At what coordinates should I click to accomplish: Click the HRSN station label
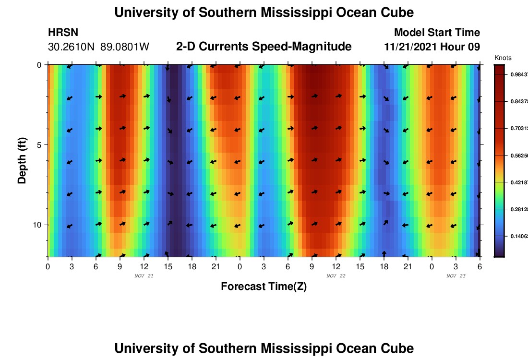(x=63, y=33)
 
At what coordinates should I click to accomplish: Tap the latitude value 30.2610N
(x=72, y=47)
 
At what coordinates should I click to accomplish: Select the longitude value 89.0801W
(x=125, y=47)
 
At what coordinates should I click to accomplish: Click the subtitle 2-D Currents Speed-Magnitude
(x=264, y=47)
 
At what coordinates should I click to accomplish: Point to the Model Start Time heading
(x=437, y=33)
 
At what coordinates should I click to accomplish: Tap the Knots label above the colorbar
(x=503, y=58)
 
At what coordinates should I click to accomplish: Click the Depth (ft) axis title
(x=22, y=161)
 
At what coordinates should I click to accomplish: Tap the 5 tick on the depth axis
(x=39, y=145)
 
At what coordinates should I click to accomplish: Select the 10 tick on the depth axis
(x=37, y=225)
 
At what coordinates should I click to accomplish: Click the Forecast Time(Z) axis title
(x=264, y=287)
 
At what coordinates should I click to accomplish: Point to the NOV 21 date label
(x=144, y=276)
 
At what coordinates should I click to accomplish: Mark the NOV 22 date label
(x=336, y=276)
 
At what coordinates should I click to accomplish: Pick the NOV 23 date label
(x=456, y=276)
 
